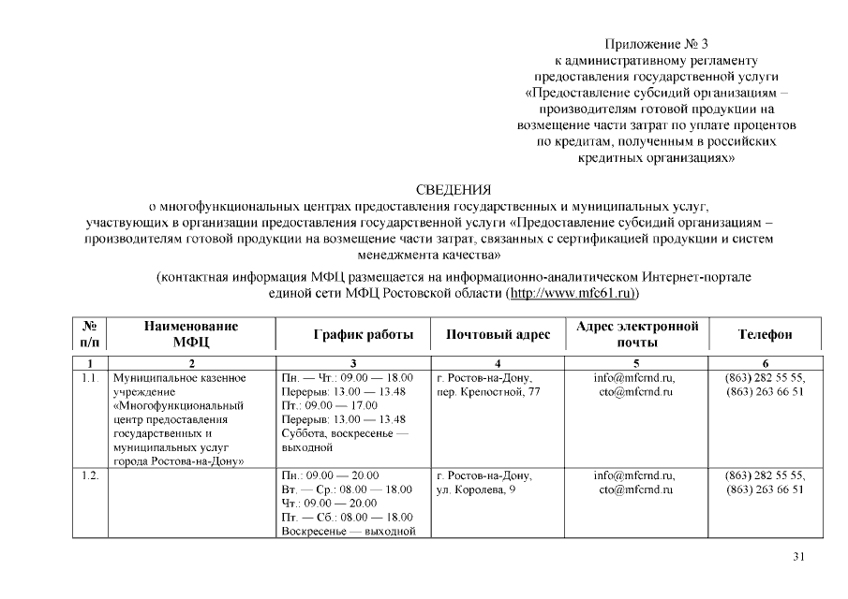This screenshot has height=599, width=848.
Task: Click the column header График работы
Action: pos(351,335)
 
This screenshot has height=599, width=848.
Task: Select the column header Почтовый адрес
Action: pos(498,335)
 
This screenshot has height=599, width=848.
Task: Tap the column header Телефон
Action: pos(765,335)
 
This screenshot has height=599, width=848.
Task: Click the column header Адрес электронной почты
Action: pos(637,334)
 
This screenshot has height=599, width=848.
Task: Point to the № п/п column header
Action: pos(91,334)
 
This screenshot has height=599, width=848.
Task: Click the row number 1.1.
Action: pos(91,377)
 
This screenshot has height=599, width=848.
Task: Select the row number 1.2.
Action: pos(91,475)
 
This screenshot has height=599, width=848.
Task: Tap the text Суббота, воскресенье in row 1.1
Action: pos(344,433)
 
